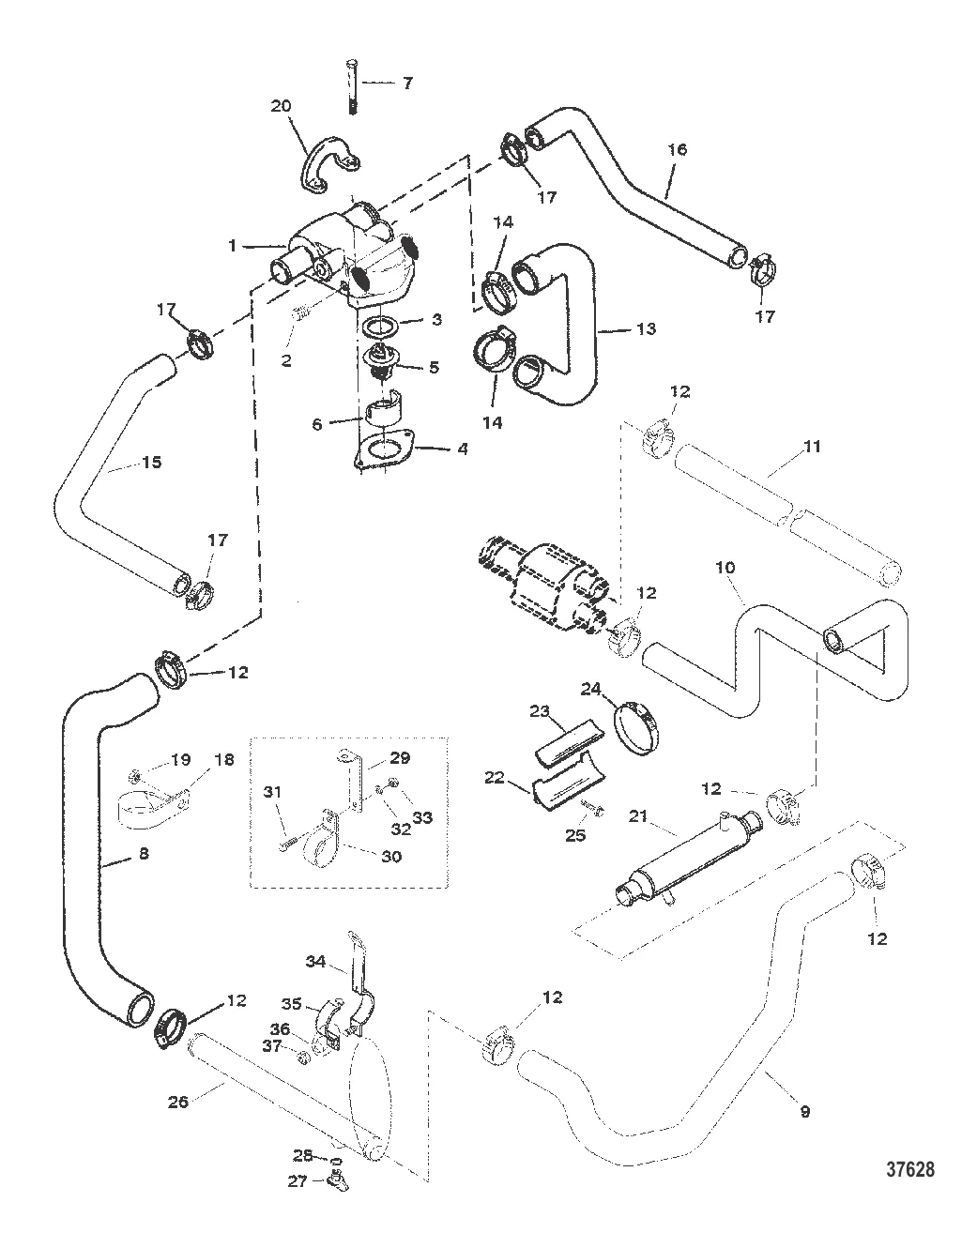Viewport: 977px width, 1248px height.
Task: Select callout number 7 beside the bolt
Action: pos(406,84)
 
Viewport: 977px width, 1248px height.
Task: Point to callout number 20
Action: pos(281,107)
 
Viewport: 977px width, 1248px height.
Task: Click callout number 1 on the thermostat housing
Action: pos(232,246)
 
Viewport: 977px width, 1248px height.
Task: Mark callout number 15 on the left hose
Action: pos(151,462)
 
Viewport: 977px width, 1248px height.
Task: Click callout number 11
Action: pos(812,447)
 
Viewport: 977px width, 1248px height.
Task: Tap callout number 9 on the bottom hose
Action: pos(804,1111)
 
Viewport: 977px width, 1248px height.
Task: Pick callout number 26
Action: pos(176,1101)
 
